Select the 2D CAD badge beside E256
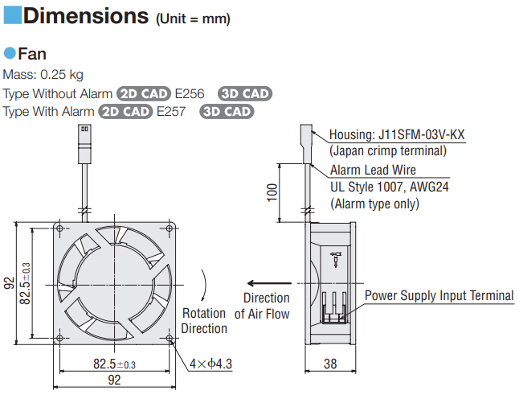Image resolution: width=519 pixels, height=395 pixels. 145,93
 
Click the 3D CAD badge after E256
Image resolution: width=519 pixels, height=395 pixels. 245,93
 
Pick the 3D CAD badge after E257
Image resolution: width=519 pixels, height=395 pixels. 227,111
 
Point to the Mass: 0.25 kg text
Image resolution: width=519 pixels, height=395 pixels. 43,76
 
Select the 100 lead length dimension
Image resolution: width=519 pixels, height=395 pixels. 272,191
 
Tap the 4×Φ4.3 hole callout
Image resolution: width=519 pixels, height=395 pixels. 211,364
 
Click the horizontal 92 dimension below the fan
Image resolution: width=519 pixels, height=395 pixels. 114,381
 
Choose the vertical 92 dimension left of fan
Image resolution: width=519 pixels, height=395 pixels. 9,283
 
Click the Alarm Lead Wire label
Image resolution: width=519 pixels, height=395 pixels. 373,171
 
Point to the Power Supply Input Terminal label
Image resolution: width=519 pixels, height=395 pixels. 439,295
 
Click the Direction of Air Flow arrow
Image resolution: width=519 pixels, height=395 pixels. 268,283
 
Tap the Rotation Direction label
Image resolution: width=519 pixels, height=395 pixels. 204,321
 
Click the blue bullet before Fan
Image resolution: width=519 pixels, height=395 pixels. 10,54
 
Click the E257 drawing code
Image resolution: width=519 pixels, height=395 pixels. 172,111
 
